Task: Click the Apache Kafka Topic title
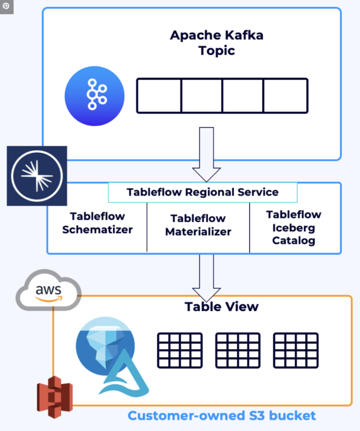point(217,43)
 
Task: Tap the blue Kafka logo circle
point(95,96)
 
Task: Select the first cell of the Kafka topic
point(159,96)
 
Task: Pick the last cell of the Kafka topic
point(286,96)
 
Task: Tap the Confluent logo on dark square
point(37,176)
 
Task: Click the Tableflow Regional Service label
point(202,192)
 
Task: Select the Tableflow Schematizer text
point(97,223)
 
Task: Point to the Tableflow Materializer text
point(198,225)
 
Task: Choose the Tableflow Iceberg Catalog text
point(293,228)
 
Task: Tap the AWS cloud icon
point(48,290)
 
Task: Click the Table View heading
point(221,306)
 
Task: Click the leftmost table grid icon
point(180,350)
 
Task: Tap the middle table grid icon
point(238,350)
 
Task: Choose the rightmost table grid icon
point(296,350)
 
